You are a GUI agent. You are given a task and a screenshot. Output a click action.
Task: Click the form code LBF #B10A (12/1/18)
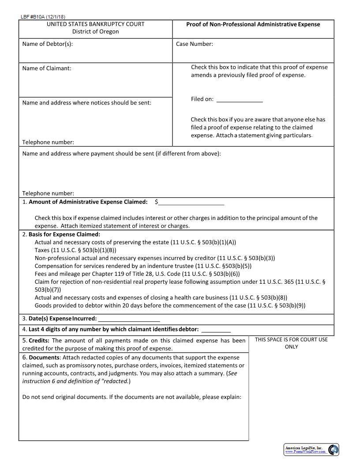point(40,17)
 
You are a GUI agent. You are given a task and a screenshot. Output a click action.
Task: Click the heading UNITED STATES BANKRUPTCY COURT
point(95,24)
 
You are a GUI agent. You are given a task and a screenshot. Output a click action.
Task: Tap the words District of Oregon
point(95,32)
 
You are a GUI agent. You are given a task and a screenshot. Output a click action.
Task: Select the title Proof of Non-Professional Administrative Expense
point(253,24)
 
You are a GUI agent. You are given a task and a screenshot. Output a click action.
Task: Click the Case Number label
point(194,44)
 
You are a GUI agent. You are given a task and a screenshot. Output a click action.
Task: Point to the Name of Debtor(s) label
point(47,44)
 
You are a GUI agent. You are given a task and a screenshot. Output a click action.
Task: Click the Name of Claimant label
point(46,68)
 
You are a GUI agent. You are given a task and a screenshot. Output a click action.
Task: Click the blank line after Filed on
point(240,100)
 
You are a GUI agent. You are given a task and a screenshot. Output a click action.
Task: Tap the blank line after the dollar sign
point(191,203)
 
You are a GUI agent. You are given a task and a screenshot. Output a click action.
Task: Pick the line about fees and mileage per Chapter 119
point(137,274)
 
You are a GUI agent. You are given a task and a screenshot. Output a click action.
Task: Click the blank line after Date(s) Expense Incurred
point(129,319)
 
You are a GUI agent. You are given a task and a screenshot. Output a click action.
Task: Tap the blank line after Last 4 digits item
point(216,330)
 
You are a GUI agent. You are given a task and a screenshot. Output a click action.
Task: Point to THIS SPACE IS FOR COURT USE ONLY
point(291,343)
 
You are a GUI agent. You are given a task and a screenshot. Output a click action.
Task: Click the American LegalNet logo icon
point(333,450)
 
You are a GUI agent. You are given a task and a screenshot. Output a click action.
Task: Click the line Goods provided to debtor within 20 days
point(170,305)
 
